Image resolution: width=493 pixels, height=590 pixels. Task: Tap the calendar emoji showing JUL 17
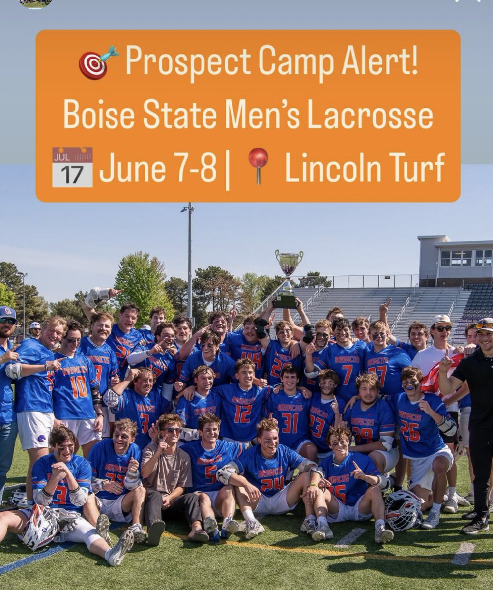click(x=72, y=167)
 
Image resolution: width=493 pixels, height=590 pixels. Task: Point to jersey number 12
click(x=242, y=413)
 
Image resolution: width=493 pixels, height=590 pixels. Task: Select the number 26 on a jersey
click(x=410, y=431)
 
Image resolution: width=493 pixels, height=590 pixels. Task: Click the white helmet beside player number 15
click(x=404, y=510)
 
